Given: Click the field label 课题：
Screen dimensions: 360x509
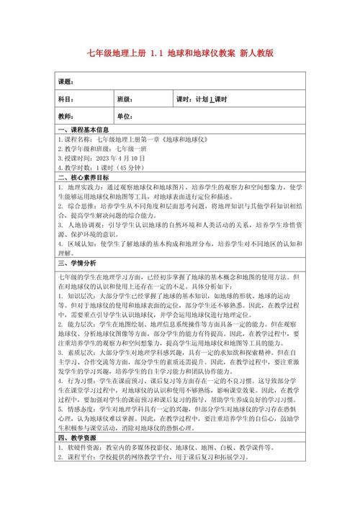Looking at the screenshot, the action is coord(66,81).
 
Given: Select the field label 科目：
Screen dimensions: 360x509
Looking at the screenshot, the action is coord(66,99).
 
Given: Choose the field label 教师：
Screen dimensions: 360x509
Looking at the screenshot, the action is coord(66,116).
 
